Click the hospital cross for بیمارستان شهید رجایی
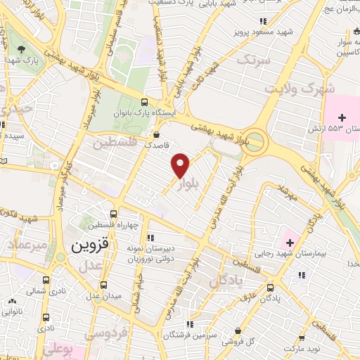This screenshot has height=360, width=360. (x=288, y=243)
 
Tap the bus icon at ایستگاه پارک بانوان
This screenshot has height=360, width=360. (x=144, y=100)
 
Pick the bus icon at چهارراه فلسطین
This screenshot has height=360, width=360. (x=114, y=214)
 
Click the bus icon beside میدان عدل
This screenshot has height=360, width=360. (x=104, y=285)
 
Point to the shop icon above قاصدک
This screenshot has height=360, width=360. (x=155, y=133)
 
